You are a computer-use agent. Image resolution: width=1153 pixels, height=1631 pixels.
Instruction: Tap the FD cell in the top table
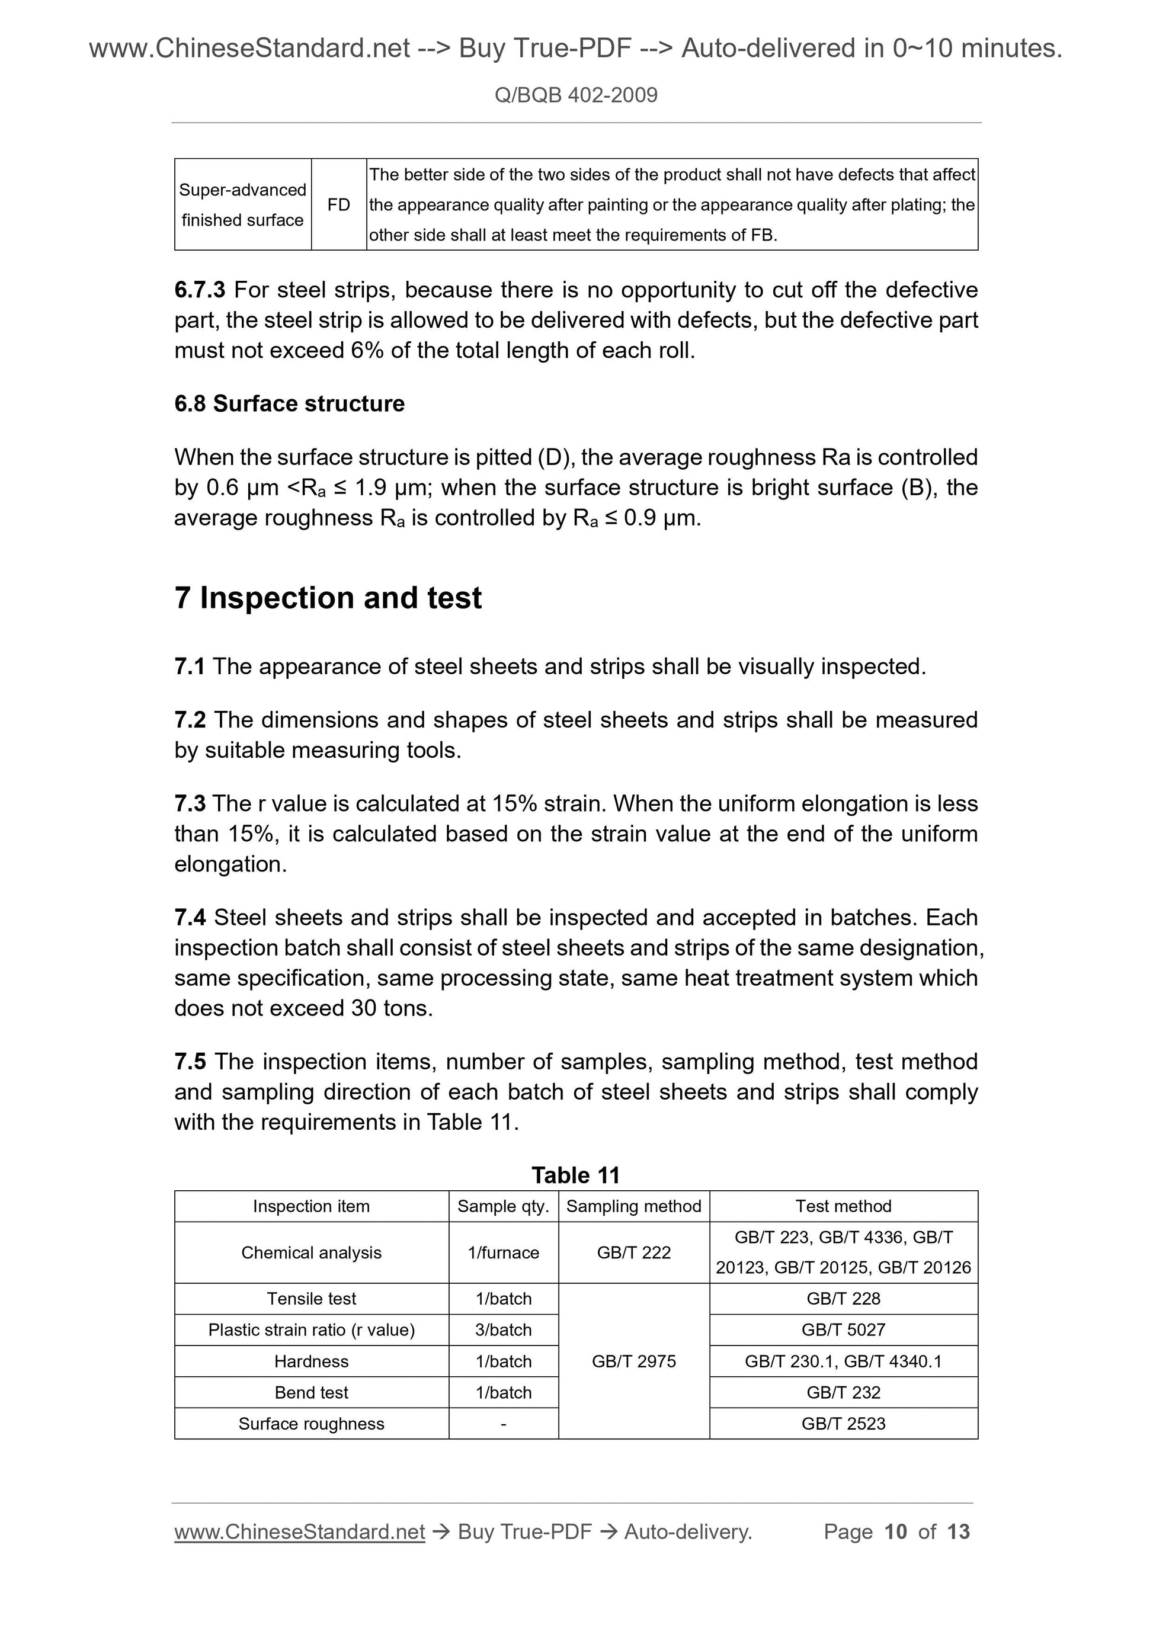point(338,204)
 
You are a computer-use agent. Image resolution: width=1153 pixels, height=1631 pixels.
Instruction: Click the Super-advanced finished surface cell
point(242,204)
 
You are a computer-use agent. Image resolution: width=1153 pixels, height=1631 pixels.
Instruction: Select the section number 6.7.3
point(200,290)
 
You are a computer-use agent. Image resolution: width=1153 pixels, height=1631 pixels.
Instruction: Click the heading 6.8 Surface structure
point(289,403)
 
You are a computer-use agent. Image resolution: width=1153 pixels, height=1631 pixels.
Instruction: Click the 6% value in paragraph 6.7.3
point(367,350)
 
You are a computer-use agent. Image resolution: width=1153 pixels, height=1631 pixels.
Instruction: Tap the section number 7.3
point(190,803)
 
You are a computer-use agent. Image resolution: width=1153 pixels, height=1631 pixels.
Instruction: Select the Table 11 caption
point(575,1175)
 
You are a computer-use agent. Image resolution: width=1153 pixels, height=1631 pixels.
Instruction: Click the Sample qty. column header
point(503,1206)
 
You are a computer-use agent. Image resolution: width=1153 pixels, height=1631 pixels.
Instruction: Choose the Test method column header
point(843,1206)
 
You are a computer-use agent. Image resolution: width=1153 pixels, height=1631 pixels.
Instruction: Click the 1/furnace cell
point(503,1252)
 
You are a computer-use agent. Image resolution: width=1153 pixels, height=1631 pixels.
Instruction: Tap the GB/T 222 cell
point(634,1252)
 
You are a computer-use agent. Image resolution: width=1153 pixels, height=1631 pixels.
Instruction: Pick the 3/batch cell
point(503,1330)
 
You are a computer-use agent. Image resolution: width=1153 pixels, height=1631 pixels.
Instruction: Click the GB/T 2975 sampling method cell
point(634,1361)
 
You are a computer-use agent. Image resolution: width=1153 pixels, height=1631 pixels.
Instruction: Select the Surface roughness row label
point(311,1424)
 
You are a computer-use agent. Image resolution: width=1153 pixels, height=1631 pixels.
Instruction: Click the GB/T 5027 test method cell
point(843,1330)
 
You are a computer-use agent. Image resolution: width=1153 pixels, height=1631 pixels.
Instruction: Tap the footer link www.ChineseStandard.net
point(299,1531)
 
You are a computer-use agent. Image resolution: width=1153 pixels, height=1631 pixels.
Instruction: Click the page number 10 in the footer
point(895,1531)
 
